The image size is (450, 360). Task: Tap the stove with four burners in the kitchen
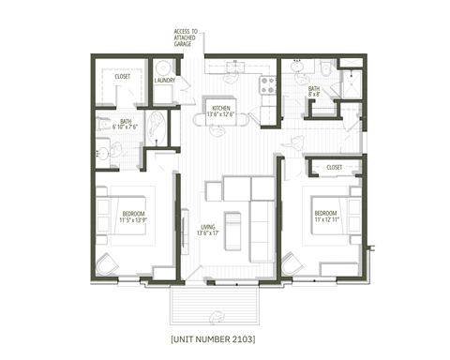(x=265, y=82)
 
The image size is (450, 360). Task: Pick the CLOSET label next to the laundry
(x=123, y=76)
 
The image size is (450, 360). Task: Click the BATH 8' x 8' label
(x=313, y=92)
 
